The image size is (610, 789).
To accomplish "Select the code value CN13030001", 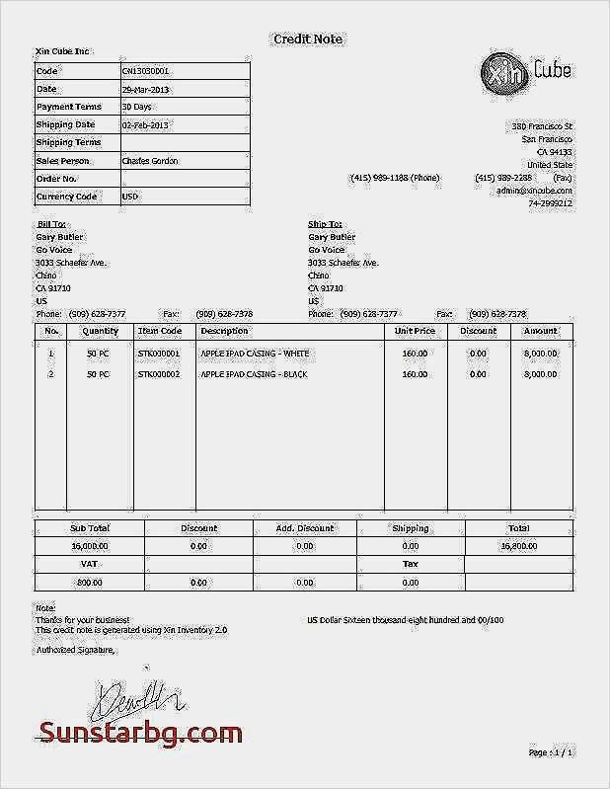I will click(145, 71).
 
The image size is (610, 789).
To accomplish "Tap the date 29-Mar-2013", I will click(146, 89).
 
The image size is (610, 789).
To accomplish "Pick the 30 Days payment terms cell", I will click(136, 107).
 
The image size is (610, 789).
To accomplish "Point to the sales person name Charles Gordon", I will click(149, 160).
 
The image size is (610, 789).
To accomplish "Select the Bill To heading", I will click(51, 224).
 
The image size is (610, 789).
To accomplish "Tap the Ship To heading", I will click(325, 224).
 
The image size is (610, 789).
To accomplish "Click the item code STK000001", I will click(159, 353).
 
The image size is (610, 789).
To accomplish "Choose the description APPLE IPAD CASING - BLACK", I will click(255, 375).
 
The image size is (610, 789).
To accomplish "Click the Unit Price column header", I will click(415, 331).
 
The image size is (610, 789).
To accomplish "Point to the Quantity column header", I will click(100, 331).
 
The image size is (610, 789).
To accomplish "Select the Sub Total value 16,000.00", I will click(90, 545).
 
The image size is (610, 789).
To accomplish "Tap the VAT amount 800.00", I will click(90, 583).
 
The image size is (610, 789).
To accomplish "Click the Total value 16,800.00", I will click(518, 545).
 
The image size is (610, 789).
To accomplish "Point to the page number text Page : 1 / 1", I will click(551, 752).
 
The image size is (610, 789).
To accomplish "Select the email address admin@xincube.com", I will click(534, 190).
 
